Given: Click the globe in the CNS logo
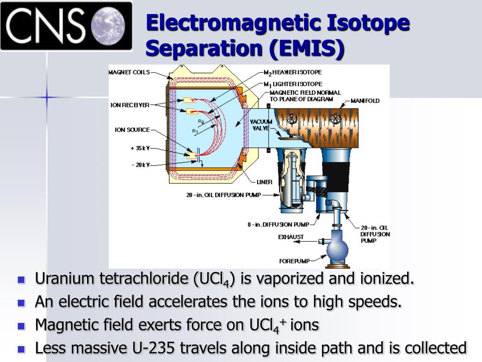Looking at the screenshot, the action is (109, 25).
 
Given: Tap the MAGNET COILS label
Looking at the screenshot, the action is (129, 72).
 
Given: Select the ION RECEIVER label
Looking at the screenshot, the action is (130, 105).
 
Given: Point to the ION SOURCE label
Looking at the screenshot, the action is (132, 130).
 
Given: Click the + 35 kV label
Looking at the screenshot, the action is (140, 148).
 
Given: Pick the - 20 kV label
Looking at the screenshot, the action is (141, 165).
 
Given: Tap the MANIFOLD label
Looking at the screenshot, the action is (365, 101).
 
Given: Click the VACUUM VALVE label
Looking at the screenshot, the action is (261, 125).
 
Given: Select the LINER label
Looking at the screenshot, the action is (265, 182).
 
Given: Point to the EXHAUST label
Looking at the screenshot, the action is (291, 237).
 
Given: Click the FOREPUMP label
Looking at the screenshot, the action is (295, 261).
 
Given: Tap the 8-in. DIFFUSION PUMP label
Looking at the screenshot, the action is (279, 225).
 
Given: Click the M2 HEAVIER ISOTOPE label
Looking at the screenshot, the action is (293, 72).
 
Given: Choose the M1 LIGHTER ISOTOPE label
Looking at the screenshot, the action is (293, 84).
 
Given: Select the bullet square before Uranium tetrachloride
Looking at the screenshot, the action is (21, 280).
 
